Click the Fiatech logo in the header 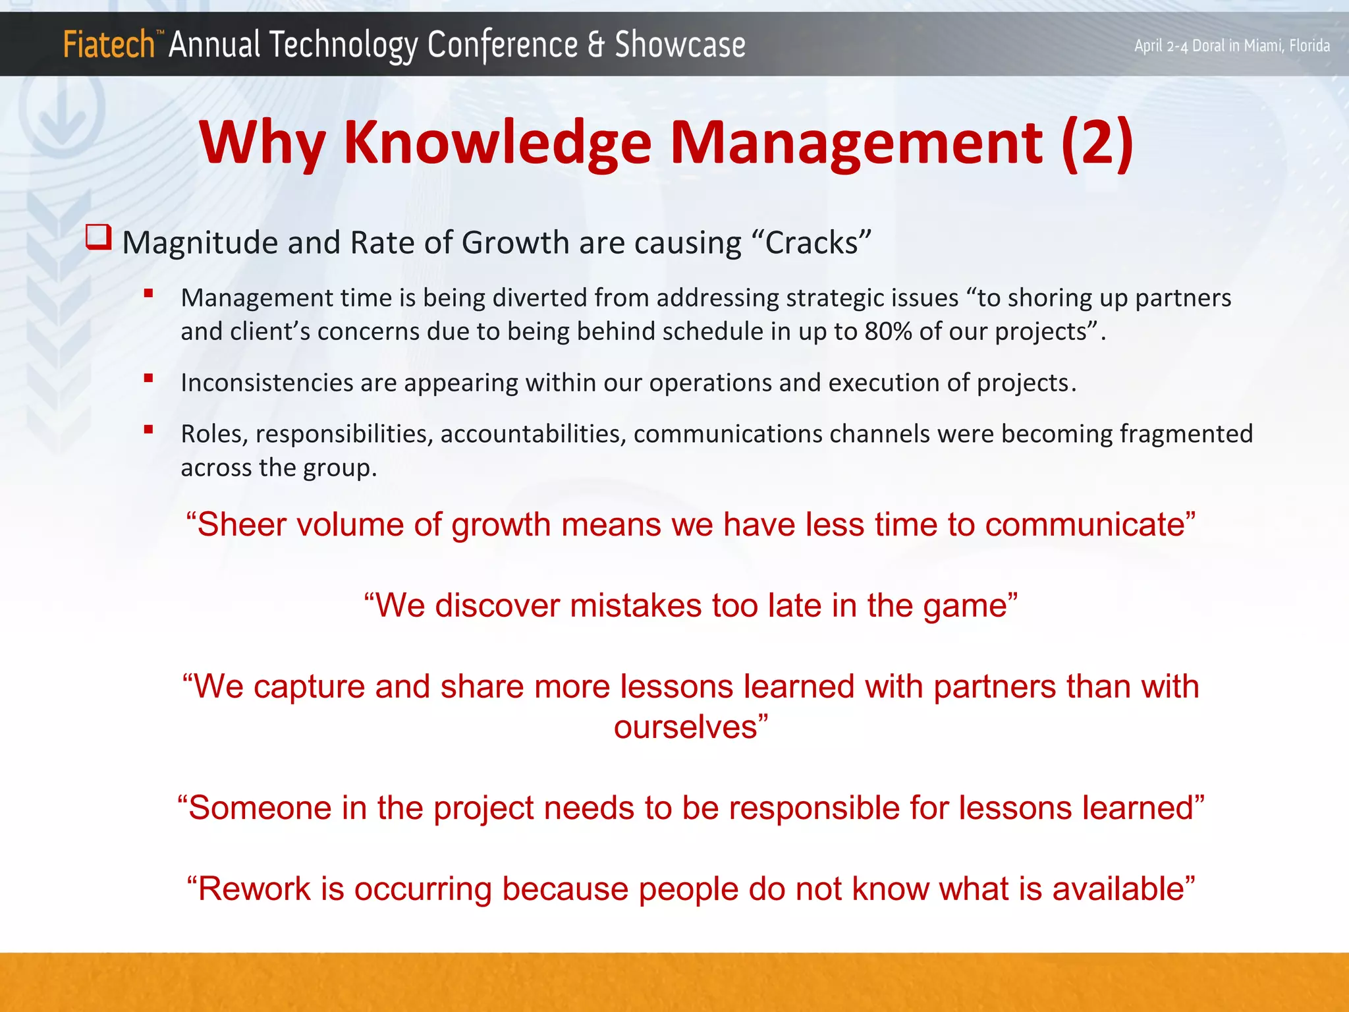click(109, 45)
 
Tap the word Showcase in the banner click(680, 45)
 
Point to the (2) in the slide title click(1097, 143)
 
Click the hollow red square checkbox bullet click(99, 237)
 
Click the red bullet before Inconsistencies click(149, 378)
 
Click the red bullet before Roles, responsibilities click(149, 430)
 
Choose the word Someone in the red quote click(259, 808)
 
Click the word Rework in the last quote click(254, 889)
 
